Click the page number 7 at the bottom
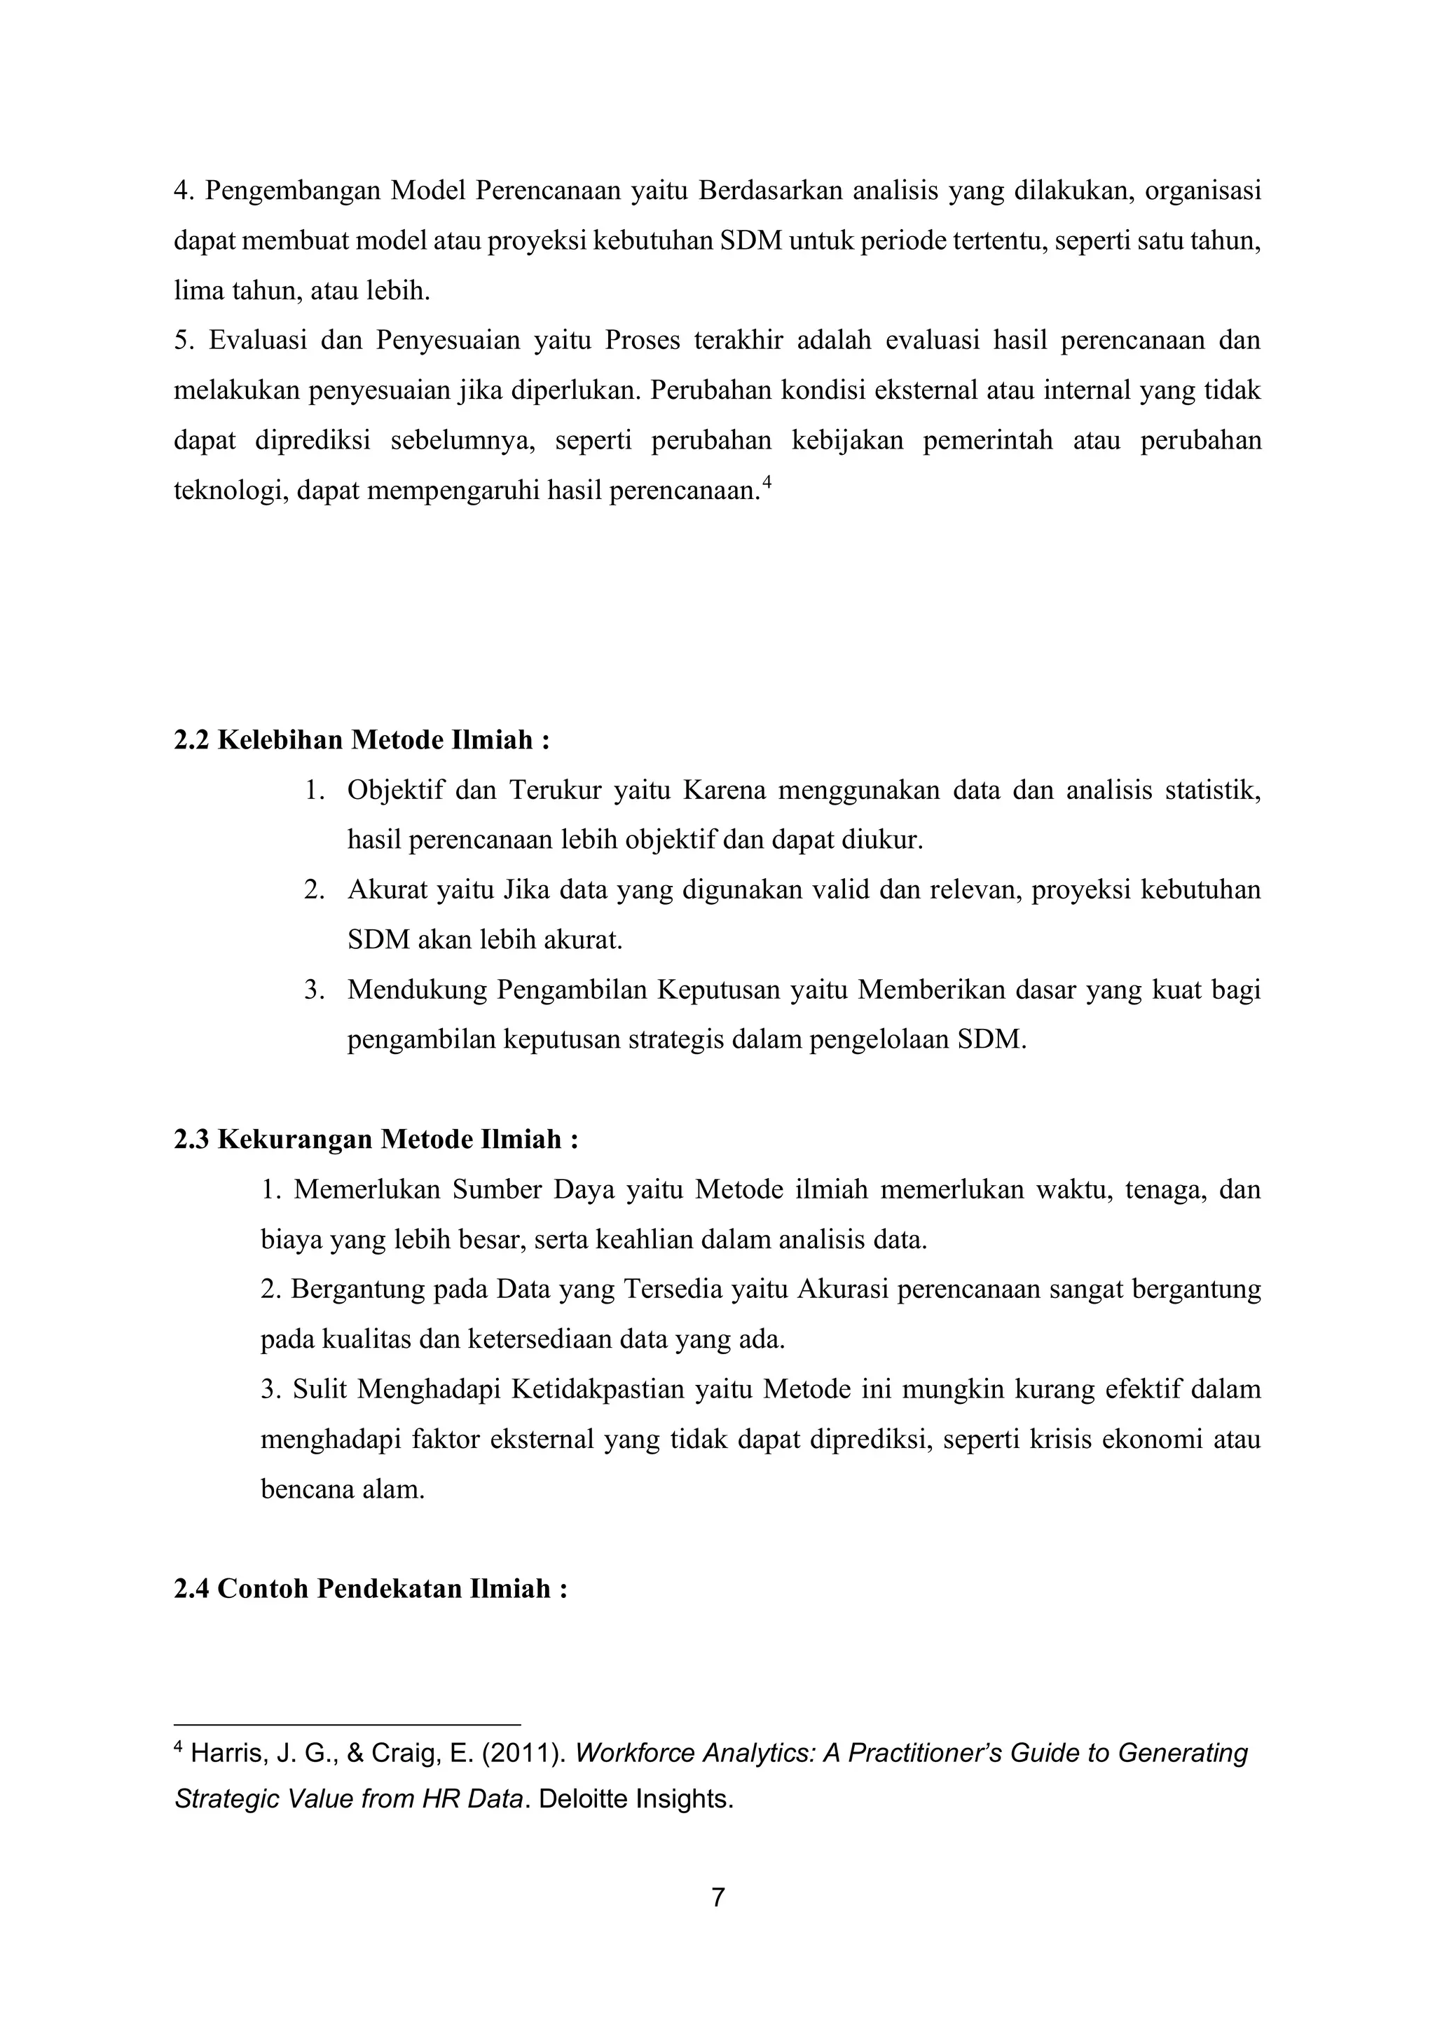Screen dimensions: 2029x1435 [717, 1897]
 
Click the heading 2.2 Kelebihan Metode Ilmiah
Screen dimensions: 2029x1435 [362, 739]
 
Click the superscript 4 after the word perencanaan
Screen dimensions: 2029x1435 [767, 482]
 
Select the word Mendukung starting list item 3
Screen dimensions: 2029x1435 [416, 989]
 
